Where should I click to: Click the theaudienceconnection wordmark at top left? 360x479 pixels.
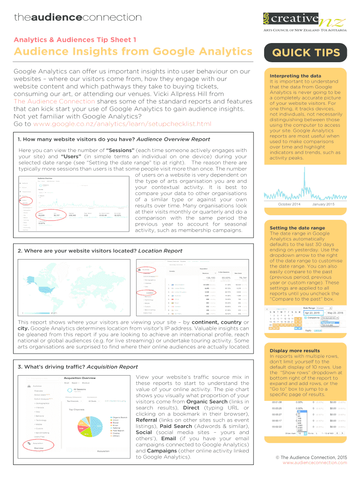[78, 18]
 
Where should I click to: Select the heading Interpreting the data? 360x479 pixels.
[295, 76]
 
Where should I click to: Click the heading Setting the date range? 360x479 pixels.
[297, 228]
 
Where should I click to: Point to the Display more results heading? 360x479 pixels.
[295, 350]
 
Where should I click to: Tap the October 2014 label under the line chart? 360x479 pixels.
[289, 204]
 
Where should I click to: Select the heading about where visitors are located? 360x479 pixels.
[100, 251]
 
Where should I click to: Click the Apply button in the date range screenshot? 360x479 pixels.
[308, 330]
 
